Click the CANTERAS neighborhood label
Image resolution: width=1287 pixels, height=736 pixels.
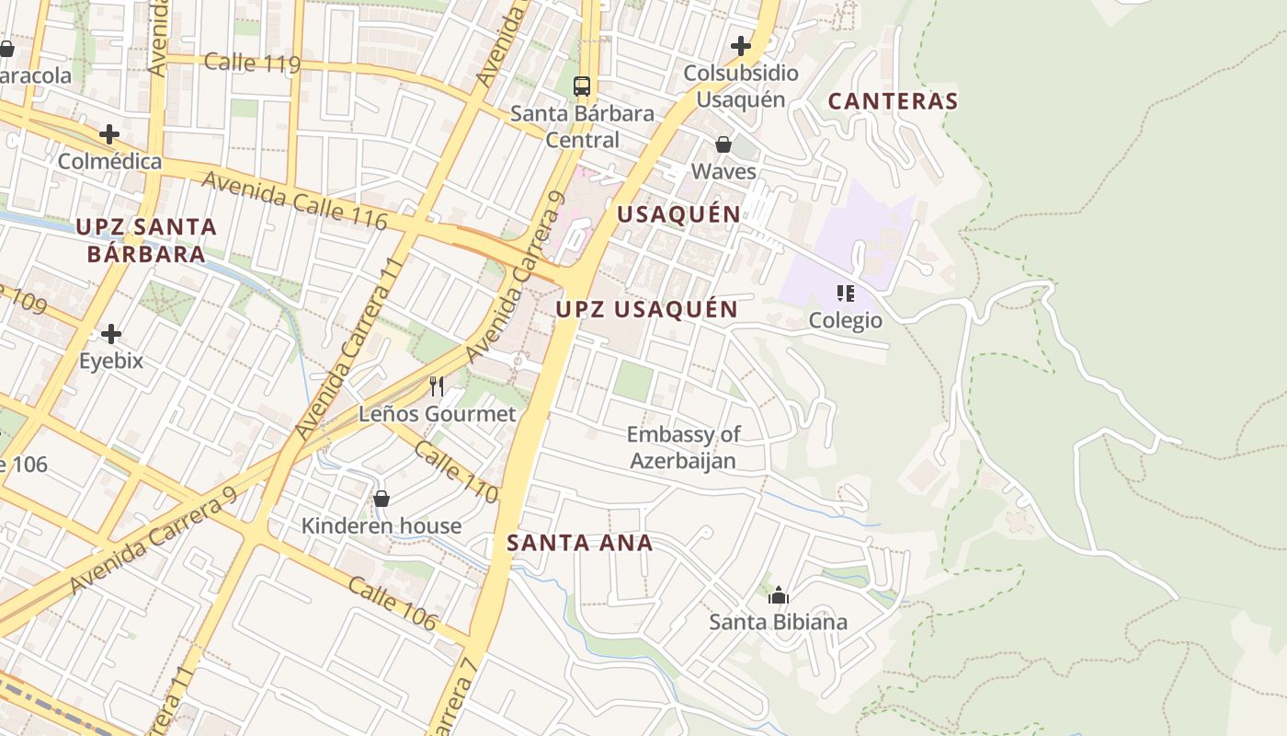[893, 101]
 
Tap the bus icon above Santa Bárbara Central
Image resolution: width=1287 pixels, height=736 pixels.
[582, 86]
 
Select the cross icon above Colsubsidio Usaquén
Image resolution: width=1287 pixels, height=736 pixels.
[741, 45]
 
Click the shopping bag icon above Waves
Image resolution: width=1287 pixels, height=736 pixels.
[723, 144]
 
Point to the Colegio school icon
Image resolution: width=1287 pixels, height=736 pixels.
[845, 293]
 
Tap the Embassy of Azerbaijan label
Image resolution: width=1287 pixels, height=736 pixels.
[683, 447]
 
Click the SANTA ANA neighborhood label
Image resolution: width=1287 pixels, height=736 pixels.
[579, 543]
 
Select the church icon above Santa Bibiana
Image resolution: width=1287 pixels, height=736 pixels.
[779, 595]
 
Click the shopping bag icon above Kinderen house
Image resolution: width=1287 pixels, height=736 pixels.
[382, 499]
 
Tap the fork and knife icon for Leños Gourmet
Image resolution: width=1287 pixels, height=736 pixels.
[437, 386]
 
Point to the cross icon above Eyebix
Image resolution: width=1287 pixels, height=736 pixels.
[111, 333]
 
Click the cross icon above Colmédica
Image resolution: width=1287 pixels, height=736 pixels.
[109, 134]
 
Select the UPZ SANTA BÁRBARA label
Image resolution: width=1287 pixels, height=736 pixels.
[146, 240]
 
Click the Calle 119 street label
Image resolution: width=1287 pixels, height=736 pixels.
[252, 63]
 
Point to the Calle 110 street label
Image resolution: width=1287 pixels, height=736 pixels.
[456, 472]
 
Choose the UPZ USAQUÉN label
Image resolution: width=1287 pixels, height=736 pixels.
[646, 309]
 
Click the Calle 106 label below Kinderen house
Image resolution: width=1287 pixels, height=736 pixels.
[392, 604]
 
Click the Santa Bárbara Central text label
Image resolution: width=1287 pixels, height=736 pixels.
[582, 127]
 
